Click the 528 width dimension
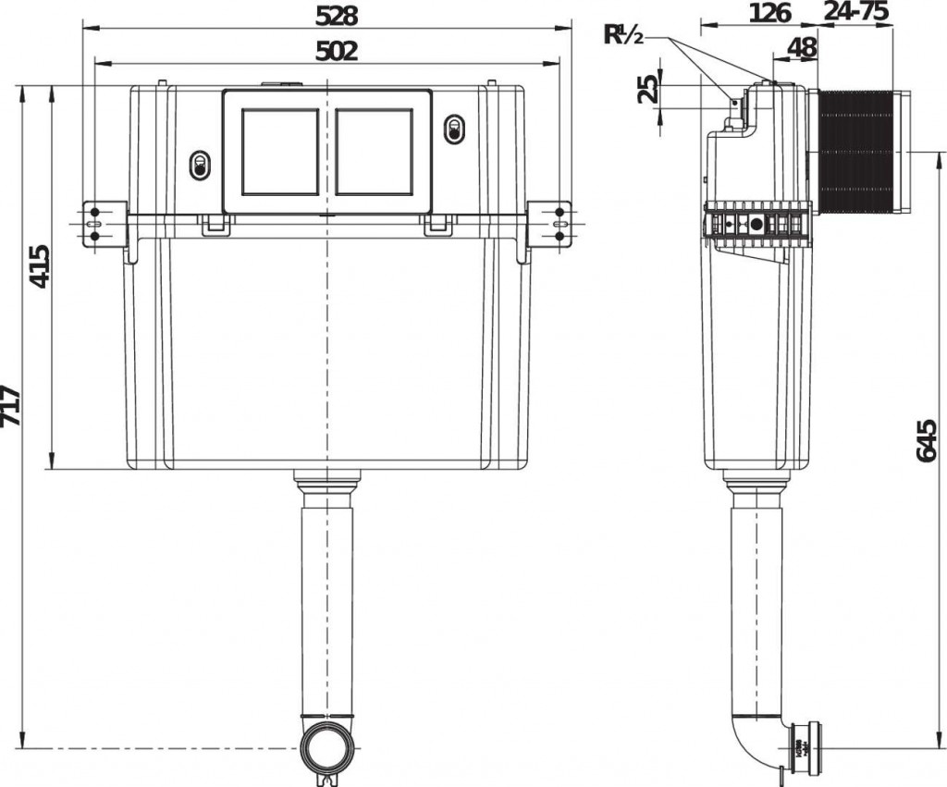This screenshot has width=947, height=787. [x=337, y=16]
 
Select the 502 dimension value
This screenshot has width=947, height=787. [x=337, y=52]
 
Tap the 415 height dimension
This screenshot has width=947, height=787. [x=39, y=266]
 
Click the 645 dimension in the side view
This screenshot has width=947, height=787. [x=927, y=441]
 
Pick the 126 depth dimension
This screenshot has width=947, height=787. [x=770, y=12]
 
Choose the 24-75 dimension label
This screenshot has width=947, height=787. [x=856, y=11]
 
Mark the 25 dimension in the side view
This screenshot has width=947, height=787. [x=646, y=89]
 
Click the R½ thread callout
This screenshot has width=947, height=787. [x=624, y=35]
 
